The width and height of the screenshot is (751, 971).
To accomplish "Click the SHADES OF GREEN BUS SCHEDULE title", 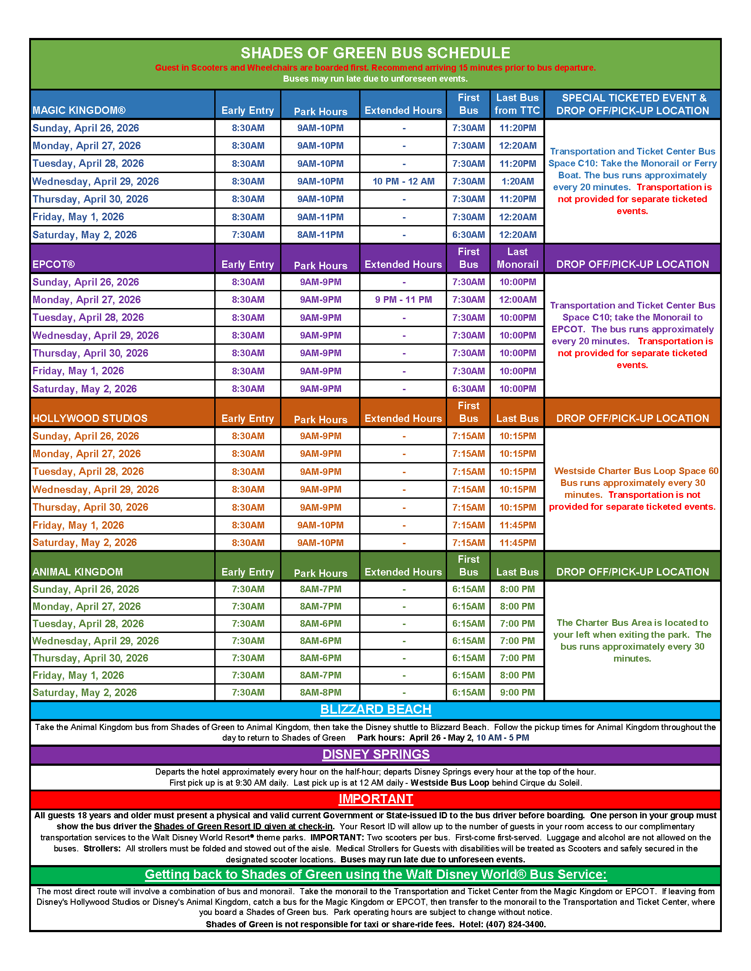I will coord(375,53).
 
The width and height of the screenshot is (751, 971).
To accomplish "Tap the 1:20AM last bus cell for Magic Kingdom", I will coord(517,181).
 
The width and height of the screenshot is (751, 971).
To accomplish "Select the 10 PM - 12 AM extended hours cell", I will coord(403,181).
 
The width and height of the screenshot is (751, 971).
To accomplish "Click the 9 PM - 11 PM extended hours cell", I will coord(403,300).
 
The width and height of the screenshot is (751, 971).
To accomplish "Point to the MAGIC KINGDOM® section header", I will coord(79,110).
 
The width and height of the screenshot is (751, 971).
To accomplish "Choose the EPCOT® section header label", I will coord(53,264).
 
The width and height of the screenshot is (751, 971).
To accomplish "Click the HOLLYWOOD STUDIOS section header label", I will coord(90,418).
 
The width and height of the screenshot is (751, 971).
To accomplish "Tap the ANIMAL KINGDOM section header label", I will coord(77,572).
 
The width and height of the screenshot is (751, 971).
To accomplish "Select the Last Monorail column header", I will coord(517,258).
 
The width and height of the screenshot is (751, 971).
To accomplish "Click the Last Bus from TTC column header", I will coord(517,104).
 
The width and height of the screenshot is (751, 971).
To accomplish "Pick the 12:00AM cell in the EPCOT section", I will coord(517,300).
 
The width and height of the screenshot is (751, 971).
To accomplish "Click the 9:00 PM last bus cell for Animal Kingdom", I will coord(517,692).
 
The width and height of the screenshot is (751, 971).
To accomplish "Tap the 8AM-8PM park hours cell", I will coord(320,692).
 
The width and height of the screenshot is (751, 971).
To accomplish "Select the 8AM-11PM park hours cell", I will coord(320,235).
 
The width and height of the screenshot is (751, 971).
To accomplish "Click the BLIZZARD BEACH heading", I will coord(375,710).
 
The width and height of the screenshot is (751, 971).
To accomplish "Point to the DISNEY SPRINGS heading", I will coord(375,754).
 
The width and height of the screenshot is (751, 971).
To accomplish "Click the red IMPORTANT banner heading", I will coord(375,799).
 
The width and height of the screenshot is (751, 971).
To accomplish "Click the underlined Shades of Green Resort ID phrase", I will coord(243,827).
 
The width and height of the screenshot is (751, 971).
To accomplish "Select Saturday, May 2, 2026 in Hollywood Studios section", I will coord(84,543).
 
